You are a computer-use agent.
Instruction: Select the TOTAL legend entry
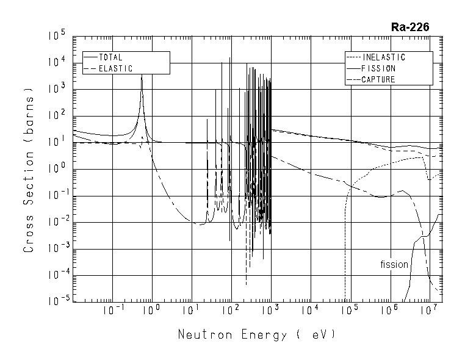click(x=110, y=57)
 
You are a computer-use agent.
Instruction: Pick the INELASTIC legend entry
click(x=383, y=57)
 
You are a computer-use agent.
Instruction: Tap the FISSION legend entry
click(x=378, y=68)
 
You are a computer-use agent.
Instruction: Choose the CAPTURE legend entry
click(x=378, y=79)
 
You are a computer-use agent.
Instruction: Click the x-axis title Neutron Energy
click(x=256, y=335)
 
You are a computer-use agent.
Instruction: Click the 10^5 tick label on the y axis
click(x=56, y=37)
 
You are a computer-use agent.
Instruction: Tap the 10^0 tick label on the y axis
click(x=56, y=169)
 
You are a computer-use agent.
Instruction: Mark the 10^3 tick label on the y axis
click(x=56, y=90)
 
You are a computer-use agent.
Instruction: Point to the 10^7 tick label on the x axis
click(x=430, y=311)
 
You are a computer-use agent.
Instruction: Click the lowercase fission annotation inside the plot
click(x=394, y=264)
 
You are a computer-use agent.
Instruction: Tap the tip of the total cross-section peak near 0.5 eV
click(x=142, y=76)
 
